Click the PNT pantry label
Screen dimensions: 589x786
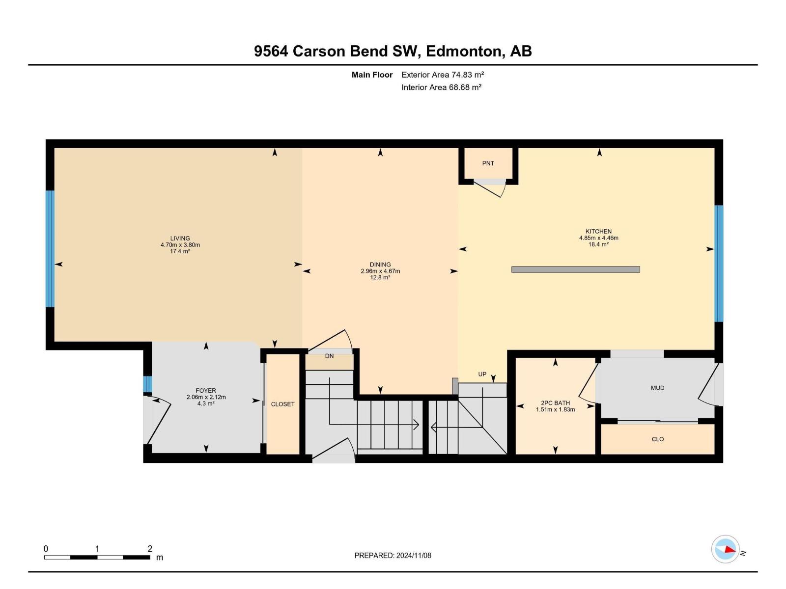[488, 163]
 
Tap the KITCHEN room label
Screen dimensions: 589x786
[598, 231]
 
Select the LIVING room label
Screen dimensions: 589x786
[180, 239]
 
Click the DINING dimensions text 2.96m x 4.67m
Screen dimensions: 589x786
[380, 271]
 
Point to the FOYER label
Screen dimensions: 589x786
[206, 391]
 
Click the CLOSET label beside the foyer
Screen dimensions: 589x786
[282, 404]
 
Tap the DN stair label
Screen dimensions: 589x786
[329, 356]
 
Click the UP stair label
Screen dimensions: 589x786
[482, 374]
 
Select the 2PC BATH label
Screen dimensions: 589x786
[555, 403]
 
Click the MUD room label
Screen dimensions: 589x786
[657, 388]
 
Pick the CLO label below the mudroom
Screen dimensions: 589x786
[657, 439]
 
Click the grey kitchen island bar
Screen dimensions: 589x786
[575, 269]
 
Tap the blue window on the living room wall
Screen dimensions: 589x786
[50, 248]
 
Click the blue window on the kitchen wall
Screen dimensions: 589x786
[719, 263]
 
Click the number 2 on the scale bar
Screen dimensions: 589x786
[150, 549]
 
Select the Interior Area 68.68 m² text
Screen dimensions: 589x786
[441, 87]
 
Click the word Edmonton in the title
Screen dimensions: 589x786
[465, 51]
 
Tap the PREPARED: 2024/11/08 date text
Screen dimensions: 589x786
[393, 556]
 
